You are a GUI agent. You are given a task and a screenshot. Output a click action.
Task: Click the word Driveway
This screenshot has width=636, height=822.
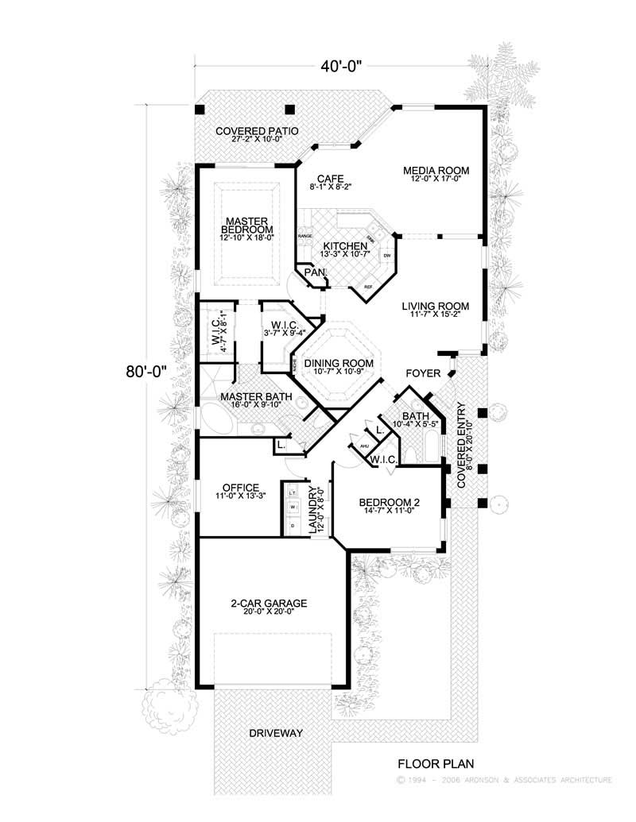coord(276,732)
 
